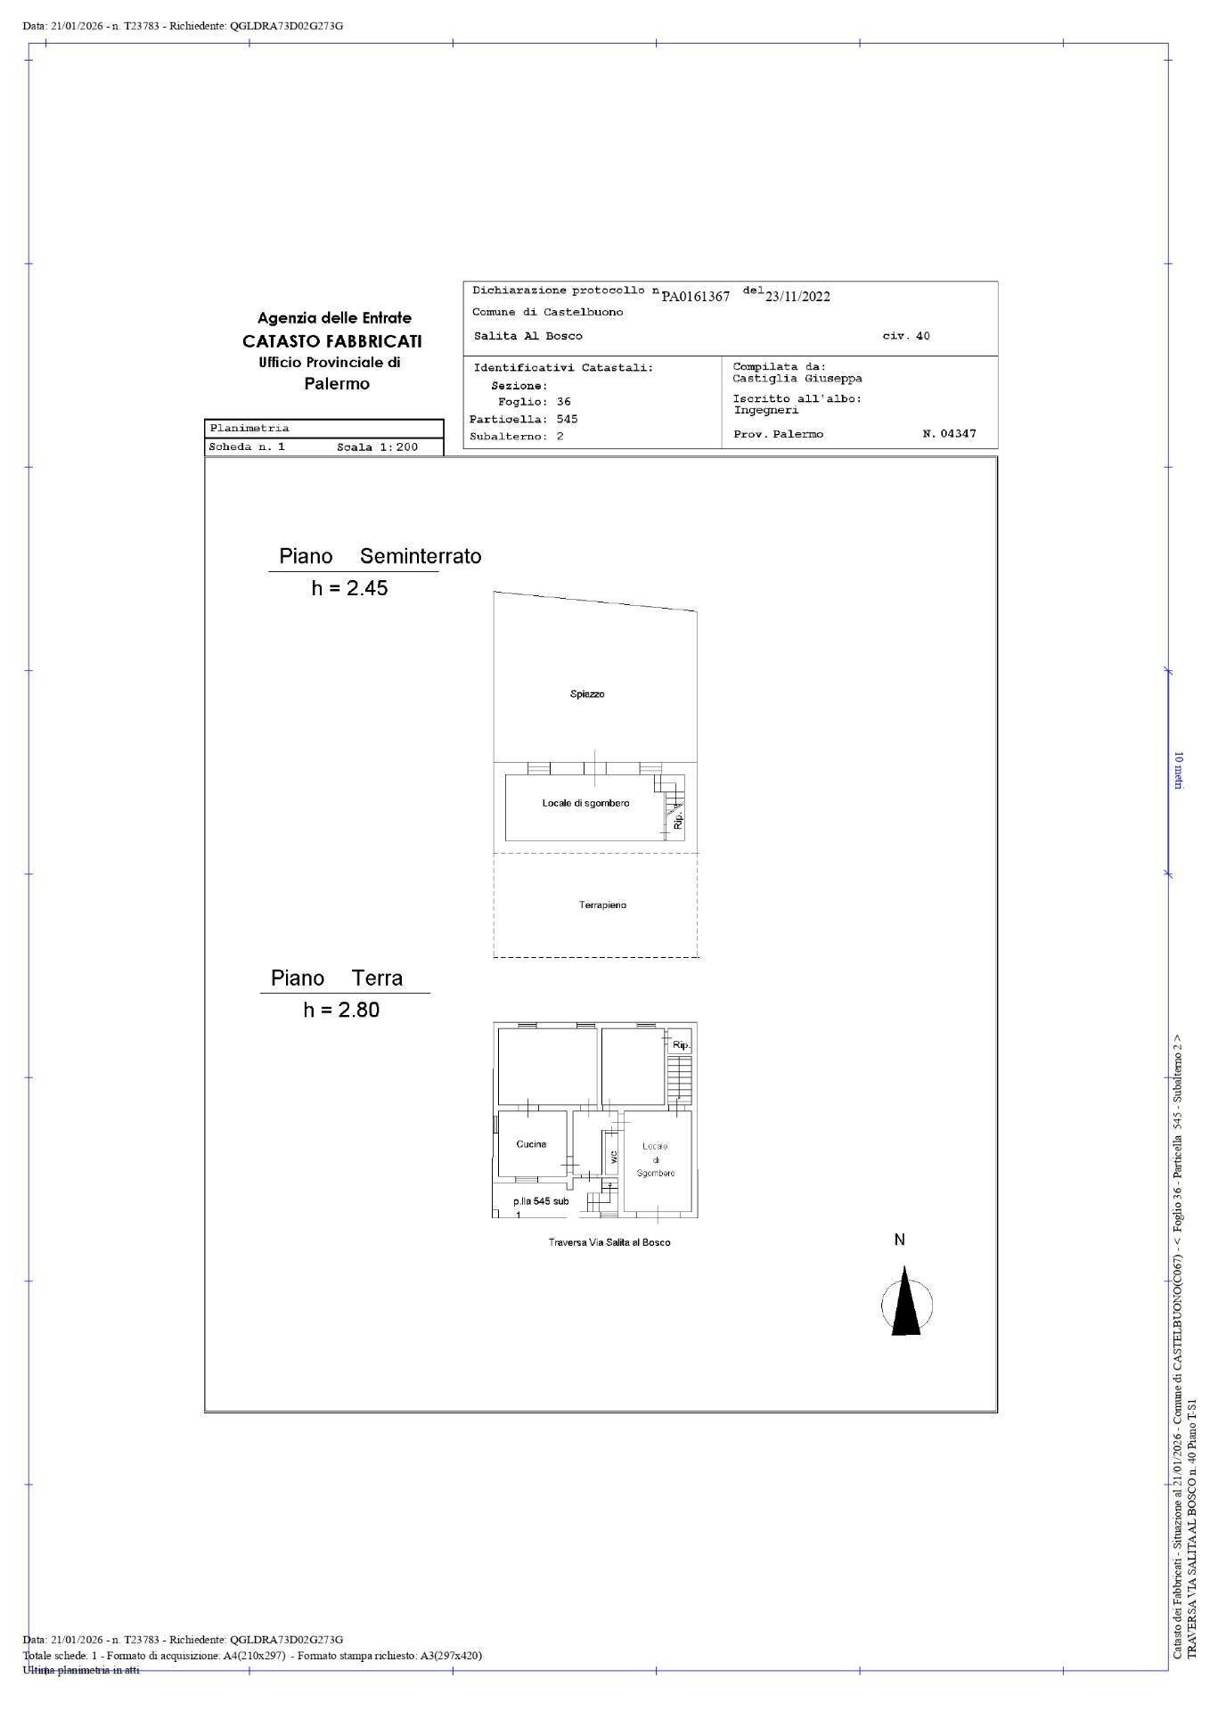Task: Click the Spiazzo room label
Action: tap(587, 694)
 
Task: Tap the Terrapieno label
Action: tap(602, 905)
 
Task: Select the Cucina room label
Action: tap(531, 1144)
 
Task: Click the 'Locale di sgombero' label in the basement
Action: tap(585, 803)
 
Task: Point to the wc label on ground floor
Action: tap(613, 1157)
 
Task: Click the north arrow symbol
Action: tap(906, 1306)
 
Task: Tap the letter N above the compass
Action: tap(900, 1240)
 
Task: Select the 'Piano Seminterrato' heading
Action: tap(380, 556)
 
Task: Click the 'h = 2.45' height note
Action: tap(349, 588)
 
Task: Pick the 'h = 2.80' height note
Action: tap(341, 1010)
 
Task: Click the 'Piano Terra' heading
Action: tap(337, 978)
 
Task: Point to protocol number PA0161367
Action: tap(695, 297)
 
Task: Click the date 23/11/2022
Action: tap(797, 297)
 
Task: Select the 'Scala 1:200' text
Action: tap(377, 447)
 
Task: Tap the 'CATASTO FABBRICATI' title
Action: tap(332, 341)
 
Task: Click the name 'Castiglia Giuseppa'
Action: tap(797, 378)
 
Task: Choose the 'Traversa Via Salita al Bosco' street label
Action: tap(609, 1242)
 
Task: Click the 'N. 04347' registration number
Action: tap(949, 434)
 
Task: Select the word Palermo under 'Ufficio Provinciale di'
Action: tap(337, 384)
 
